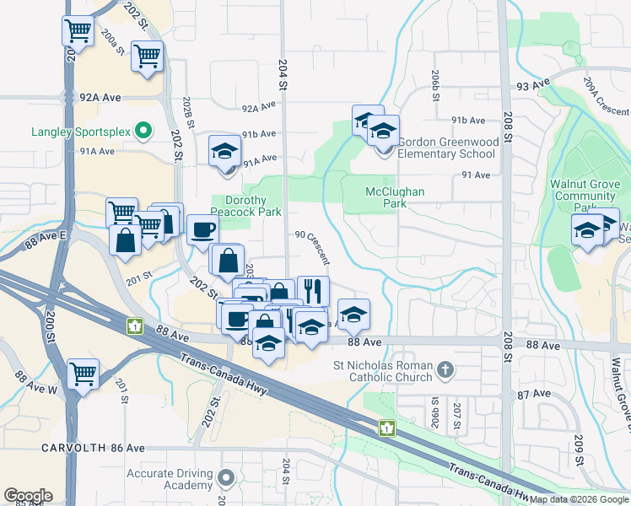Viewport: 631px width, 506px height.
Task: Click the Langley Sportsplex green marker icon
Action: click(143, 131)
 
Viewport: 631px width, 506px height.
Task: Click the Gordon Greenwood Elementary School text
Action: click(446, 148)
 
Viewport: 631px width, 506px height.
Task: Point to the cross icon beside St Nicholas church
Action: click(445, 369)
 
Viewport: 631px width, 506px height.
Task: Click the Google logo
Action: click(28, 496)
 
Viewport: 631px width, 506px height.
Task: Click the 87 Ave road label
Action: click(534, 394)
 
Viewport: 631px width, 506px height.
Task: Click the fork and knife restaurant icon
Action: click(313, 291)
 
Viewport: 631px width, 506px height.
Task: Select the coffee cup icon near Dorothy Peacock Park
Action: click(202, 229)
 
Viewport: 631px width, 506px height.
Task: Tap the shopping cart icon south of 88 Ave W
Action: click(83, 373)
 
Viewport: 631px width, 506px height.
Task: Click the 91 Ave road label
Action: click(476, 175)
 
